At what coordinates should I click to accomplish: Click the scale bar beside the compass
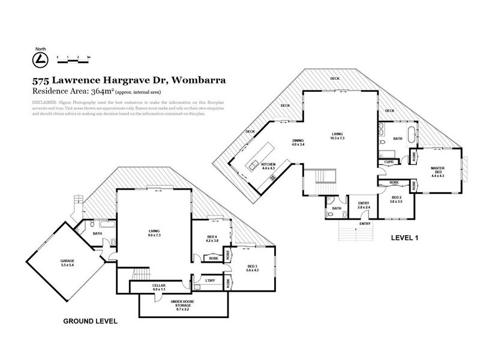73,59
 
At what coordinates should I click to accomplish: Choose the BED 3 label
252,267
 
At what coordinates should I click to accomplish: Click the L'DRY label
211,280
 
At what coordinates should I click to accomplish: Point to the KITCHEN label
268,164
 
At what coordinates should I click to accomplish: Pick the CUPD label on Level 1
389,161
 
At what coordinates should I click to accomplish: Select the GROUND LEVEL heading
90,322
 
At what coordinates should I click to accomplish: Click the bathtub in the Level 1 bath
410,133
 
